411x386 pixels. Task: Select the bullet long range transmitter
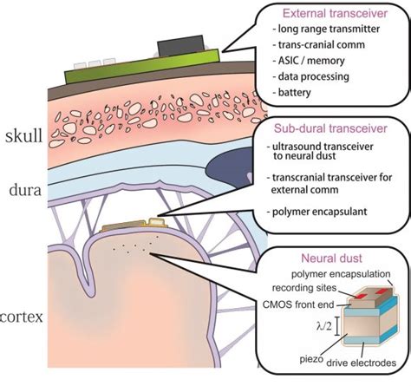(x=325, y=33)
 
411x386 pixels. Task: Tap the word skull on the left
(x=21, y=137)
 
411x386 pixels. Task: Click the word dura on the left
(x=22, y=188)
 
